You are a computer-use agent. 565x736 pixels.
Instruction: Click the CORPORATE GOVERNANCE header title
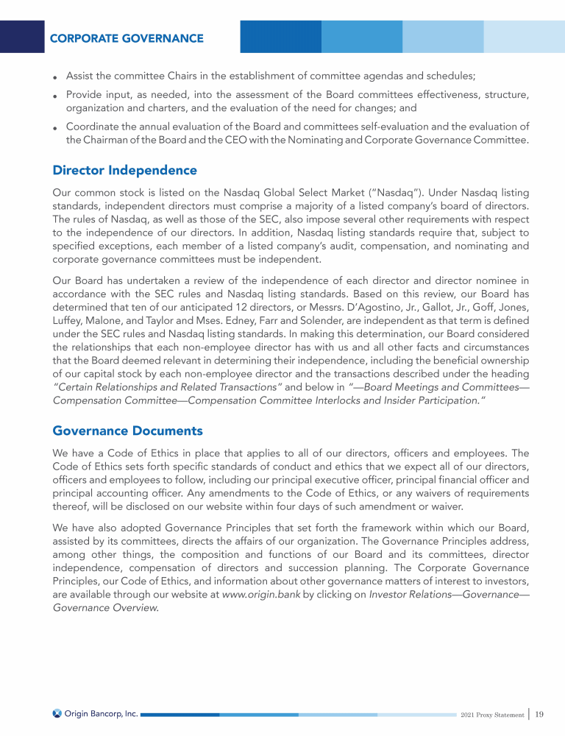pyautogui.click(x=127, y=38)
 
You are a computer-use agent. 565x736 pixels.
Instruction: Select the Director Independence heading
pyautogui.click(x=124, y=170)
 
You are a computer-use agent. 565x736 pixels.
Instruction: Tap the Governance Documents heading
pyautogui.click(x=127, y=430)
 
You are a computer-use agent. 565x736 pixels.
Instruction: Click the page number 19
pyautogui.click(x=539, y=714)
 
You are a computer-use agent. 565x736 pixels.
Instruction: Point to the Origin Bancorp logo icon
pyautogui.click(x=57, y=714)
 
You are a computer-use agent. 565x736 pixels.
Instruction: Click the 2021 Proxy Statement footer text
pyautogui.click(x=491, y=715)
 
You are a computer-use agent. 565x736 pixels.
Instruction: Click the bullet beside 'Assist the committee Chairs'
pyautogui.click(x=56, y=77)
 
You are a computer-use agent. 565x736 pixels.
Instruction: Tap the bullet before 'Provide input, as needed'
pyautogui.click(x=56, y=96)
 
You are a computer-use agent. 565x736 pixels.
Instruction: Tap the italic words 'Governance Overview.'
pyautogui.click(x=106, y=609)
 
